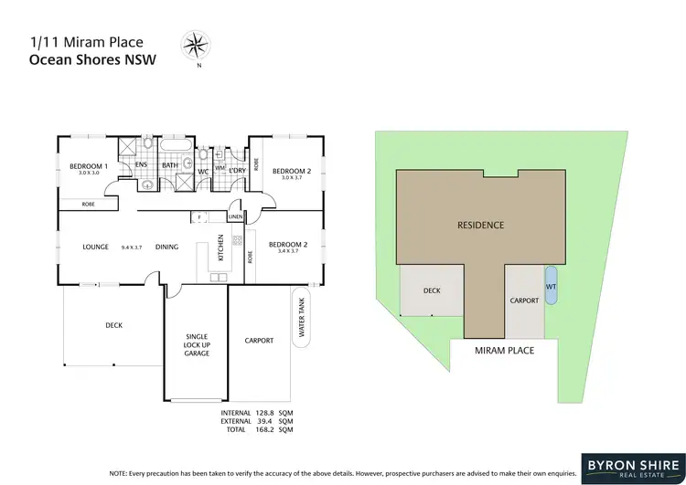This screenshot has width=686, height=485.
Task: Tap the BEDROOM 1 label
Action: coord(89,166)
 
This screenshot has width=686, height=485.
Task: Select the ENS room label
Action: coord(142,165)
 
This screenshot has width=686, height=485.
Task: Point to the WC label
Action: coord(204,171)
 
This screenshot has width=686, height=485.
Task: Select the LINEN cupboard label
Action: coord(235,216)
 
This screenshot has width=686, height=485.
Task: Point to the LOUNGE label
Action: coord(96,247)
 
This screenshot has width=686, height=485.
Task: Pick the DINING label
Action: coord(166,247)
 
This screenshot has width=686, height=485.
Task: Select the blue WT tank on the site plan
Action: coord(551,286)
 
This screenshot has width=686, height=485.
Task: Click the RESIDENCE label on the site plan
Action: coord(481,224)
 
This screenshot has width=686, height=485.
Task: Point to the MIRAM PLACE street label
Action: coord(504,350)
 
